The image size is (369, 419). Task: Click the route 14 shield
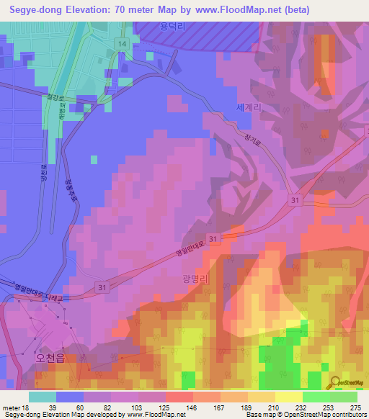click(123, 44)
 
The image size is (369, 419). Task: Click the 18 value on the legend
click(26, 407)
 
